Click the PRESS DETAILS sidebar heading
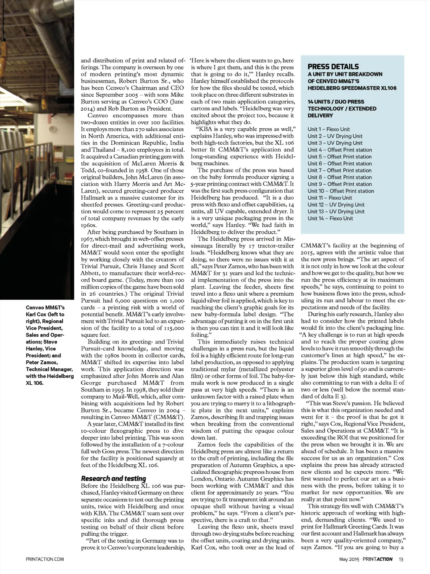pos(333,66)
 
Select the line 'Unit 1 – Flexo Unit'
pos(328,129)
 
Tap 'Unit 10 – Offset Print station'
pos(341,191)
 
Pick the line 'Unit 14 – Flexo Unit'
pos(330,218)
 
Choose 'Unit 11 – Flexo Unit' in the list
pos(330,198)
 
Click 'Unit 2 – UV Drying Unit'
pos(335,136)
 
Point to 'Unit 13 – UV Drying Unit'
pos(336,212)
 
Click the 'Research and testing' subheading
pos(113,479)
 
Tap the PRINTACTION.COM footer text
pos(45,559)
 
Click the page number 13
pos(401,559)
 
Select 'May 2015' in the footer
pos(349,559)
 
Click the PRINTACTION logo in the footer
pos(378,559)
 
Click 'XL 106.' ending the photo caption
pos(34,383)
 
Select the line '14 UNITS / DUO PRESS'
pos(336,102)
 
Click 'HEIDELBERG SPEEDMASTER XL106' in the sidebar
pos(352,88)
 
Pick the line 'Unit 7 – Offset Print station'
pos(339,170)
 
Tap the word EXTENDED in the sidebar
pos(370,108)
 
